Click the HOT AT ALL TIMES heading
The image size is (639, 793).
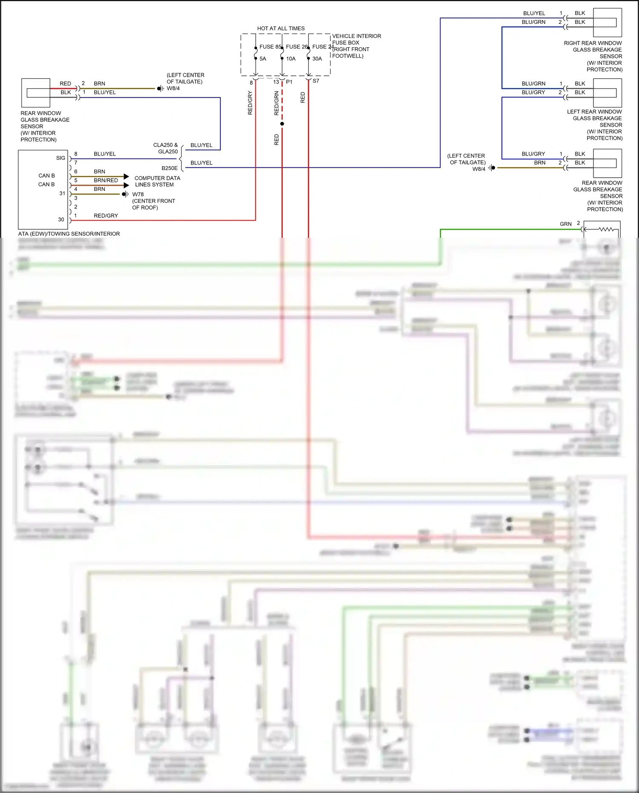tap(281, 29)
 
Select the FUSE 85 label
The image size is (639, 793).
tap(270, 47)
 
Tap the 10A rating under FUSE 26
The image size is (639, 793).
tap(291, 59)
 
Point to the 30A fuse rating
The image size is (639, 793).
tap(317, 59)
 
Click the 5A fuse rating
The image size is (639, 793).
tap(263, 59)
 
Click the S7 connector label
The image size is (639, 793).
tap(316, 81)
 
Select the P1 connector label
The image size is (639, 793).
tap(289, 82)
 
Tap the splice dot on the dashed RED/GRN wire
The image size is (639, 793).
tap(282, 124)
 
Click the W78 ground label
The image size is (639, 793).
tap(138, 194)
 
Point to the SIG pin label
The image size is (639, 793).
tap(60, 158)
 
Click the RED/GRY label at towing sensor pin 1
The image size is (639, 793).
tap(106, 216)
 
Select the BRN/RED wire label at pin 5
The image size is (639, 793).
tap(106, 181)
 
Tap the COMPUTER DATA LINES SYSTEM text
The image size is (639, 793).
tap(157, 182)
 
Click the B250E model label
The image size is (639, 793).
tap(170, 168)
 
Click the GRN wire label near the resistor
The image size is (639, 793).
tap(565, 224)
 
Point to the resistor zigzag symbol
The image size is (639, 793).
tap(606, 230)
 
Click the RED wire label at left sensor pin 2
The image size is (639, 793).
tap(65, 84)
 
